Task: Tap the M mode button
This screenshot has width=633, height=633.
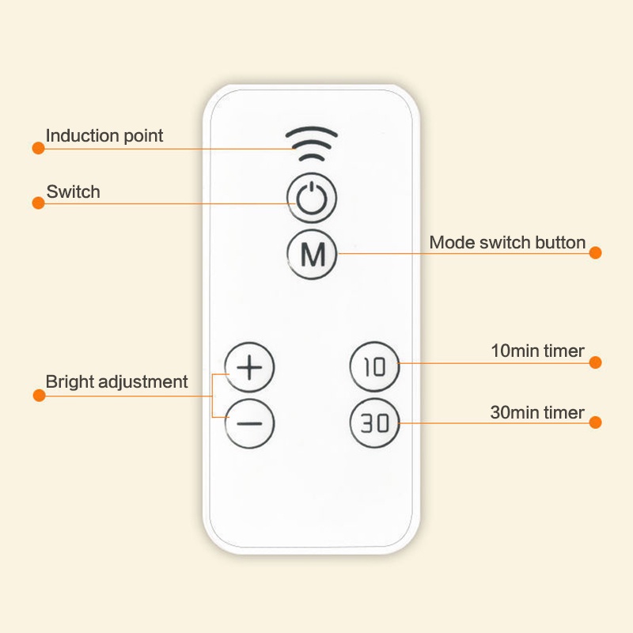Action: point(312,254)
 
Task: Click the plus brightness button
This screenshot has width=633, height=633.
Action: point(249,367)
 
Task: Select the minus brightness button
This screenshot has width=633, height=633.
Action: point(249,423)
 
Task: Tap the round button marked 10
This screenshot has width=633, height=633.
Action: point(374,366)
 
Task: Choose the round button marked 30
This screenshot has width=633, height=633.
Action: point(374,423)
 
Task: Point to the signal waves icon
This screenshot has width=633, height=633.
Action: point(312,144)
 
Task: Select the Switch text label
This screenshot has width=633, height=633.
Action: point(73,191)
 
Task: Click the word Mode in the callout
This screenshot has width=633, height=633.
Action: point(452,243)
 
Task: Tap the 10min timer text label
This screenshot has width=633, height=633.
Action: point(538,351)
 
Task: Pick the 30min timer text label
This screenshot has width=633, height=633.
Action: point(537,412)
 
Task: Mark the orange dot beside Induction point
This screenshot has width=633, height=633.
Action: point(38,148)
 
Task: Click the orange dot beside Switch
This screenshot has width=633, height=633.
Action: point(38,203)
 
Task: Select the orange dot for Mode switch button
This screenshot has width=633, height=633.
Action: point(596,252)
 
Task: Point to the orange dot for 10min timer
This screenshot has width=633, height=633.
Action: point(596,362)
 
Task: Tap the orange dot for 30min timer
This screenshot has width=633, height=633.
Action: point(596,423)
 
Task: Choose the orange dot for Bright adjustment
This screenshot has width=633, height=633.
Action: point(39,395)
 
